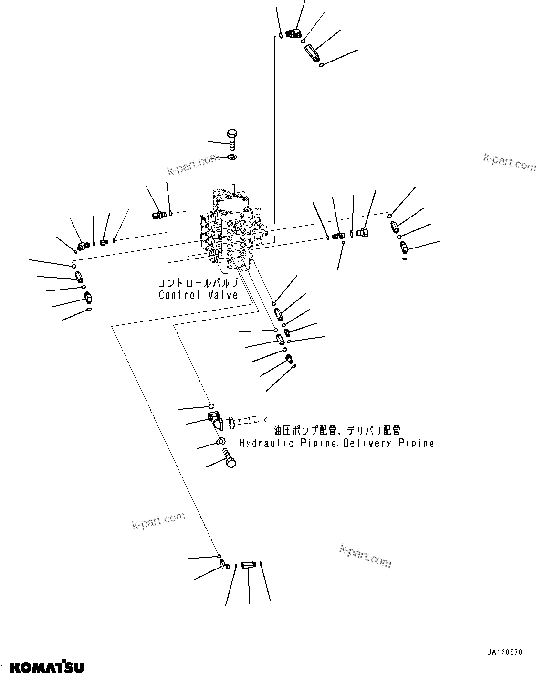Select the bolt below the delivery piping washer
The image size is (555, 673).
point(230,461)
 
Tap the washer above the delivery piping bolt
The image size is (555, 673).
point(221,442)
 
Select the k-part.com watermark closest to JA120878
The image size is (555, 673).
point(365,556)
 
